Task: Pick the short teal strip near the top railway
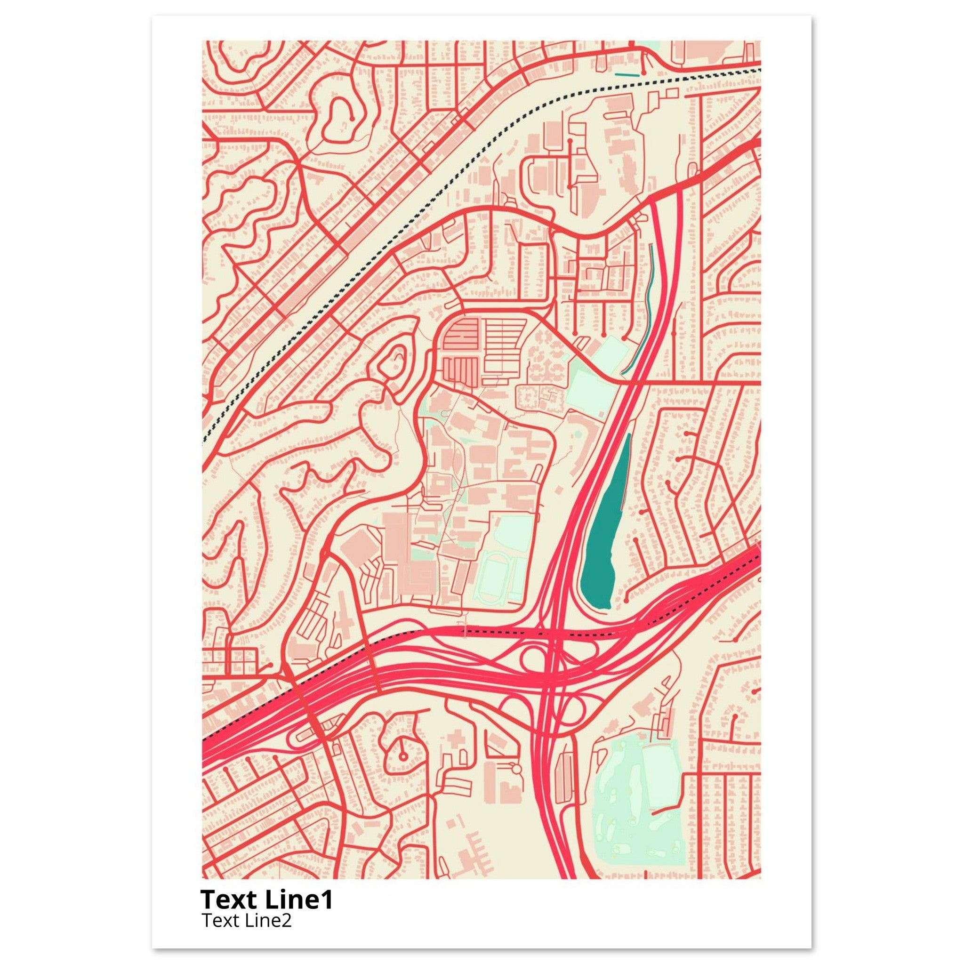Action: tap(627, 75)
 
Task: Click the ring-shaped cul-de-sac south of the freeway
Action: tap(402, 758)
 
